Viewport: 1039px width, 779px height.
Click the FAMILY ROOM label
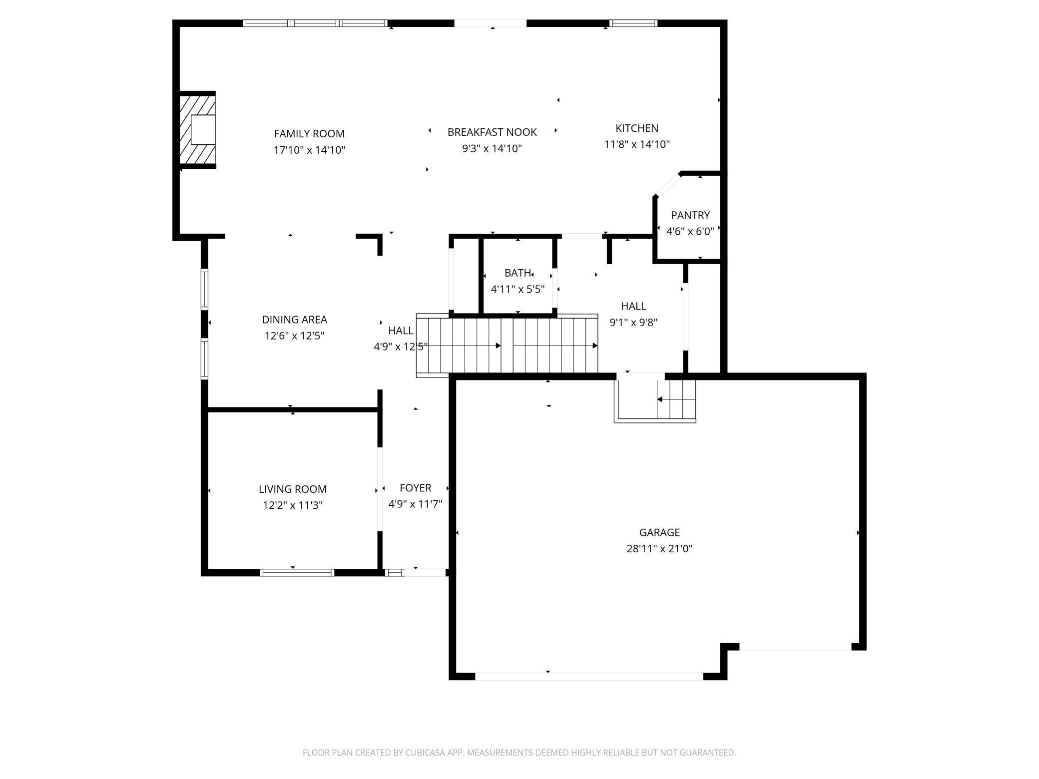pyautogui.click(x=309, y=134)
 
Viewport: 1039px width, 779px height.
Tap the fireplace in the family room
pyautogui.click(x=198, y=130)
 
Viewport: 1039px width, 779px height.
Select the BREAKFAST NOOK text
pyautogui.click(x=492, y=132)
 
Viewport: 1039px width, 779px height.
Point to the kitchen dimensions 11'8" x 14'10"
pyautogui.click(x=636, y=145)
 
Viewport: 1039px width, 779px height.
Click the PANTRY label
pyautogui.click(x=690, y=215)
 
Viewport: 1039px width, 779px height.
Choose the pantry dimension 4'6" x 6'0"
pyautogui.click(x=690, y=231)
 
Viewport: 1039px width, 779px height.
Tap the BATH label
pyautogui.click(x=517, y=273)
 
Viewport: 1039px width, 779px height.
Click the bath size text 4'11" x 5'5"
pyautogui.click(x=517, y=289)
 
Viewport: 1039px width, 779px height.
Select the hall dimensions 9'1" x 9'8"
pyautogui.click(x=633, y=323)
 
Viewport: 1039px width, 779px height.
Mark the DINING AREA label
pyautogui.click(x=294, y=320)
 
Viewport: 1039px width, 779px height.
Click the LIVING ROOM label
pyautogui.click(x=292, y=489)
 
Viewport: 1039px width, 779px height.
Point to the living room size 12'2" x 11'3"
pyautogui.click(x=292, y=505)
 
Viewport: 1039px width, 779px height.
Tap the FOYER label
pyautogui.click(x=415, y=488)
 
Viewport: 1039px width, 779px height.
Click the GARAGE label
pyautogui.click(x=659, y=532)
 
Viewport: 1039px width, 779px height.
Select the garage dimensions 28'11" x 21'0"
pyautogui.click(x=659, y=549)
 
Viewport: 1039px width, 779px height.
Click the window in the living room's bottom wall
pyautogui.click(x=297, y=572)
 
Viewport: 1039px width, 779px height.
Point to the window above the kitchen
pyautogui.click(x=633, y=23)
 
